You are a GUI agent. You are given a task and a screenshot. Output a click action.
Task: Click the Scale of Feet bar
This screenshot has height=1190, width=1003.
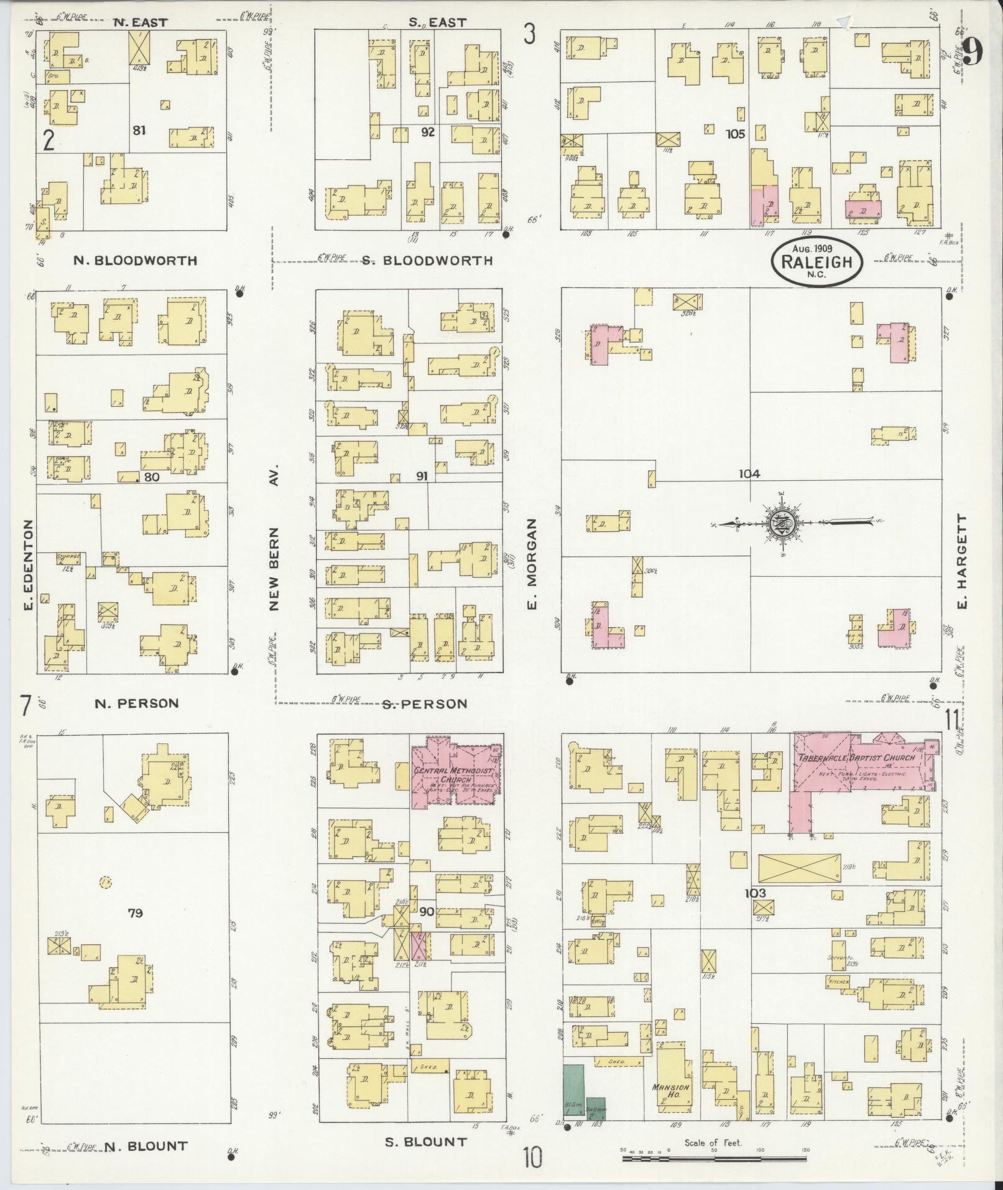(713, 1159)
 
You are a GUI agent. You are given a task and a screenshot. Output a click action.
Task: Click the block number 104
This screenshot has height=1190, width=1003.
(749, 474)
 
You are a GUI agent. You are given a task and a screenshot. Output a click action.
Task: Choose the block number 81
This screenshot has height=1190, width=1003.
(139, 130)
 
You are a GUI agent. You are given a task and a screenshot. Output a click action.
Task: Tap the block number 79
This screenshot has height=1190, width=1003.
(135, 913)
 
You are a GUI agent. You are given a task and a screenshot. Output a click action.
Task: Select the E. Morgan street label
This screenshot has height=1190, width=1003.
(532, 565)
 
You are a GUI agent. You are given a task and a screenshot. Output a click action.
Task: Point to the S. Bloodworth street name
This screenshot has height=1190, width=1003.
(427, 261)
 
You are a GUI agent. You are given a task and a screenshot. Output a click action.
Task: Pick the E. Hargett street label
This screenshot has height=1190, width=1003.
(963, 562)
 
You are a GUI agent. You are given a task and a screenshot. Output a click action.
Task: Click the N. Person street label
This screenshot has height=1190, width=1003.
(136, 704)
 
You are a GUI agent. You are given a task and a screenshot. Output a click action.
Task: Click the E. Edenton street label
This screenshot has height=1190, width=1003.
(28, 572)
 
